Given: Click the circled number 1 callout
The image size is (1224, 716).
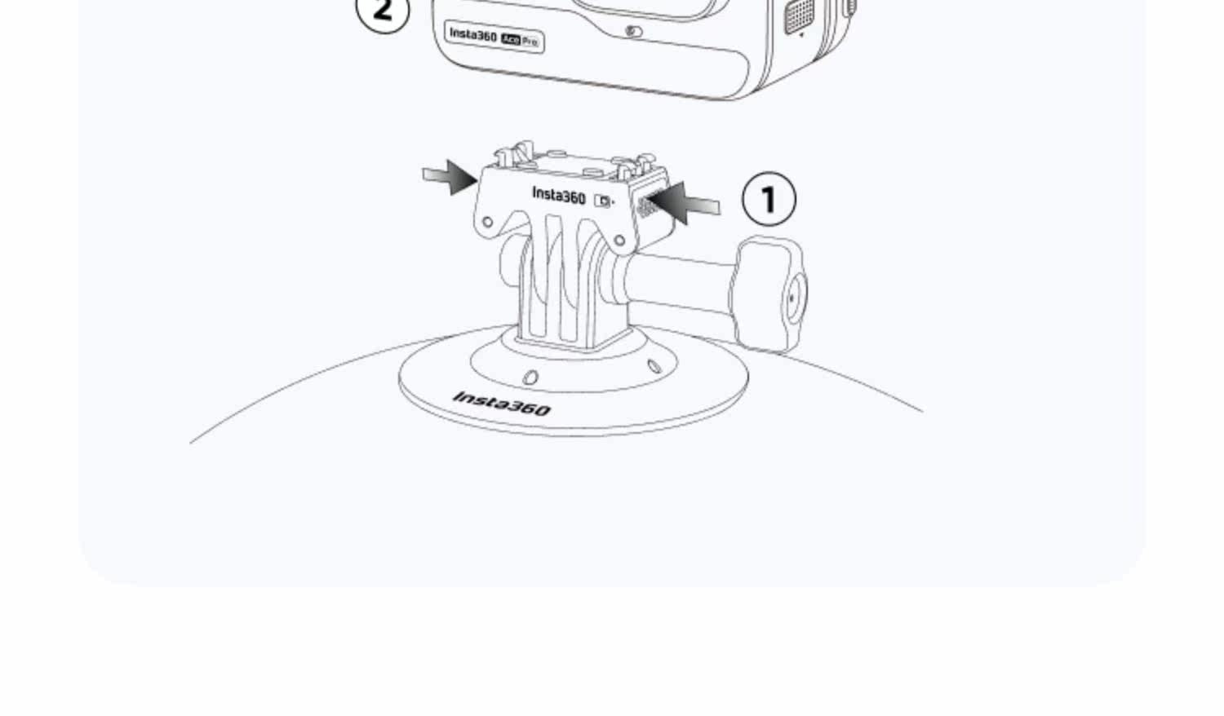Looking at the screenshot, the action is [x=769, y=199].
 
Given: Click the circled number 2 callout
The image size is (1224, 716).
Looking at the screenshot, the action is [x=383, y=11].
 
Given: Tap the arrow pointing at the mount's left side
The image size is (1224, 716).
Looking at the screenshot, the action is [x=449, y=177].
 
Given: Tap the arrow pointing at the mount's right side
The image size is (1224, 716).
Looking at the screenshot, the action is [x=683, y=202].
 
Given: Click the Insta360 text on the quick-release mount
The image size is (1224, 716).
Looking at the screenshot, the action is [x=558, y=195].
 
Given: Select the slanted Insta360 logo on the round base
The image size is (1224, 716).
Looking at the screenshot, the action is [x=502, y=404].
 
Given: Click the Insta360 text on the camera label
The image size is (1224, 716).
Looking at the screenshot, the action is [x=473, y=36].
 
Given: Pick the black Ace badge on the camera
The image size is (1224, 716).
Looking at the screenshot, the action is [x=510, y=39].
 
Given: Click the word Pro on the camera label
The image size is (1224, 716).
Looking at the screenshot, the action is [x=530, y=42].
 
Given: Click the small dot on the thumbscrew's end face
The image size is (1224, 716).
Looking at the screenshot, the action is [x=792, y=298].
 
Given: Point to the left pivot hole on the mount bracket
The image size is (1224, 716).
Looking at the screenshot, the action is [x=487, y=222].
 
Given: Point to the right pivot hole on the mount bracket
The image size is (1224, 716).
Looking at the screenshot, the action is [x=619, y=240].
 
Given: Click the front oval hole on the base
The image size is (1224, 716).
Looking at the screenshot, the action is [x=530, y=377].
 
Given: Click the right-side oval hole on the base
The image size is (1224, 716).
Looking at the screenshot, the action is [x=654, y=366].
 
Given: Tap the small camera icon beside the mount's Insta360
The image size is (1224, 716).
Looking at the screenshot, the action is [x=603, y=201].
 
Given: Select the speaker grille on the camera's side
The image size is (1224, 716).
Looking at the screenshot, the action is [x=799, y=15].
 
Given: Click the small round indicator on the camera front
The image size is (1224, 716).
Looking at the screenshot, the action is [x=633, y=31].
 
